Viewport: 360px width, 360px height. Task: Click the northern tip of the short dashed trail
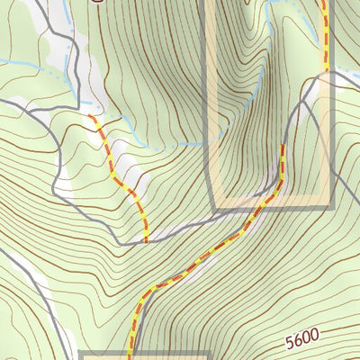pos(91,116)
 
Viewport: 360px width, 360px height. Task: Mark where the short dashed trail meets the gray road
pos(146,241)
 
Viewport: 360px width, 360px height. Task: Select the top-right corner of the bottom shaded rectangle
pos(207,355)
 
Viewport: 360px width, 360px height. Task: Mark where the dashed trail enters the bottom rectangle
pos(132,354)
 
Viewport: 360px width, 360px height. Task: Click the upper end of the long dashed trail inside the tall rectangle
pos(283,145)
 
